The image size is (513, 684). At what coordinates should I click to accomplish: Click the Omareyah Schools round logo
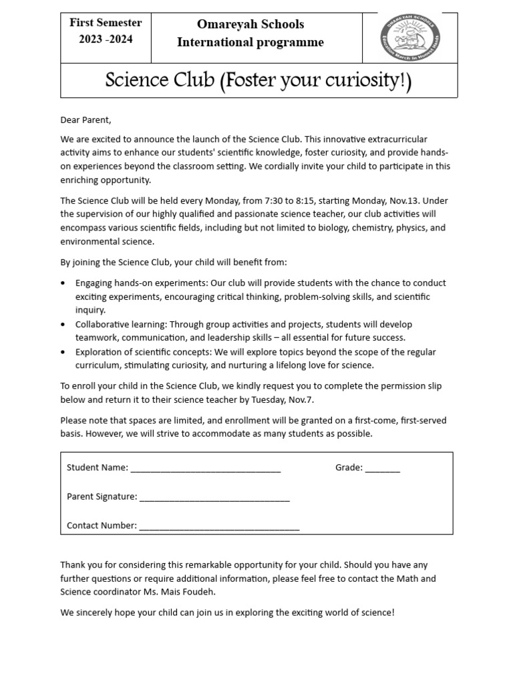point(410,37)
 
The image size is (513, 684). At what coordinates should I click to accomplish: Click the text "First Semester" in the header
point(106,23)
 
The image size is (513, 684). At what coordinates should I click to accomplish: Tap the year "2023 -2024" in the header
point(106,39)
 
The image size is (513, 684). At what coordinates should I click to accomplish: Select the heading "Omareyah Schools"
point(250,25)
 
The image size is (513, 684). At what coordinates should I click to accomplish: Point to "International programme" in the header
point(250,43)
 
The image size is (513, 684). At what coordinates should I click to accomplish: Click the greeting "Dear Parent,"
point(85,120)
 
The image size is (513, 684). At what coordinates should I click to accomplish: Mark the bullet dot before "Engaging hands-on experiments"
point(63,283)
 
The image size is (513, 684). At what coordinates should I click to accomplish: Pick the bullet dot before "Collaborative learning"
point(63,325)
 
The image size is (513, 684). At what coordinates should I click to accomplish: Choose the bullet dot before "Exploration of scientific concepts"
point(63,352)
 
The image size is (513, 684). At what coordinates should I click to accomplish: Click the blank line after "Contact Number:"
point(219,528)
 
